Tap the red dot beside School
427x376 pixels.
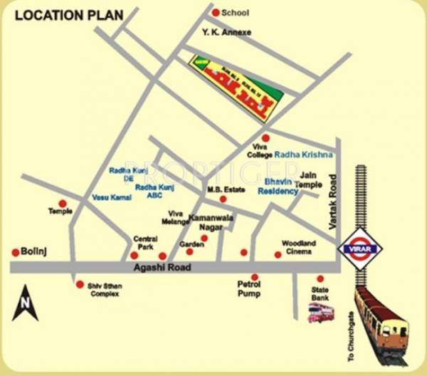point(216,12)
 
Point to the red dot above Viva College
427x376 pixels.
point(265,137)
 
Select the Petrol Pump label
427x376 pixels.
point(249,288)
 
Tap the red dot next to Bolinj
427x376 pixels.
point(15,252)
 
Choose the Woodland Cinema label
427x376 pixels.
point(298,246)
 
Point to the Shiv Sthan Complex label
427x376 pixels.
point(104,289)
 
